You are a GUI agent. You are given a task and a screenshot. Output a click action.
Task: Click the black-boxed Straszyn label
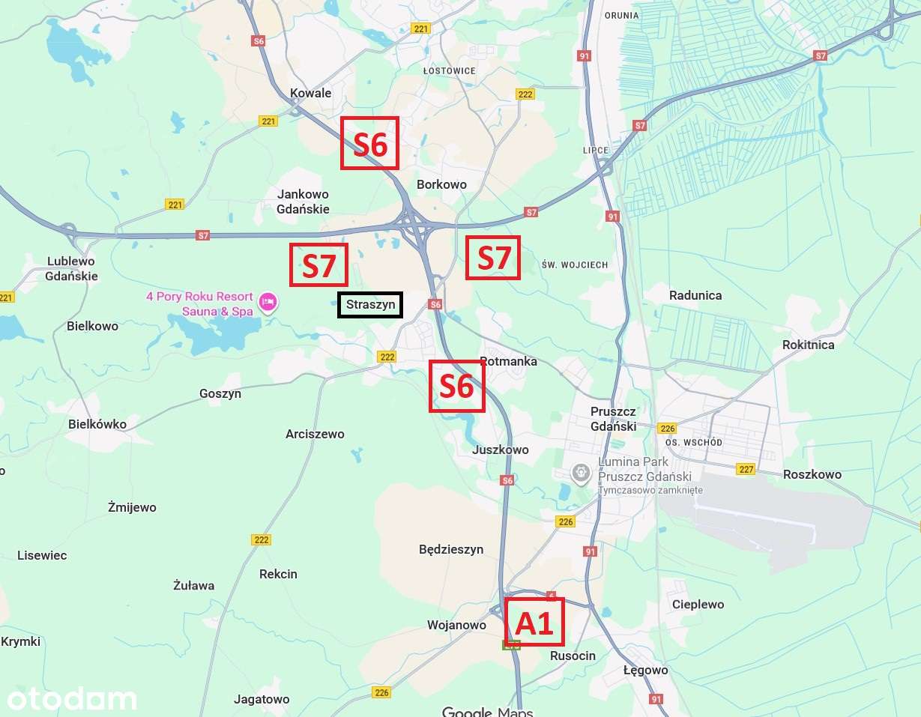coord(370,305)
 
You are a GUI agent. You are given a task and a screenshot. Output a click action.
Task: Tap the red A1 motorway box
coord(535,623)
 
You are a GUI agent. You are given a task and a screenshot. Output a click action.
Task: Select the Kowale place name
coord(310,94)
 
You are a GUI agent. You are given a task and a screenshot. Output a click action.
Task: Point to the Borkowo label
coord(441,184)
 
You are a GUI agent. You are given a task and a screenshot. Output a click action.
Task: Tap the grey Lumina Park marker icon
coord(581,474)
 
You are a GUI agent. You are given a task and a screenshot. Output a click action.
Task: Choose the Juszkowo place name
coord(501,450)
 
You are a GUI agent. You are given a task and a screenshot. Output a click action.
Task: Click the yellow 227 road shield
coord(746,469)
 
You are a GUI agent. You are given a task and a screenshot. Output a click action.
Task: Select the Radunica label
coord(695,295)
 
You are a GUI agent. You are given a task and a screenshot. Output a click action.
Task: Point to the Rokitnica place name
coord(808,345)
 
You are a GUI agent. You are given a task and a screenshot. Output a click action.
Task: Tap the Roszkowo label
coord(812,474)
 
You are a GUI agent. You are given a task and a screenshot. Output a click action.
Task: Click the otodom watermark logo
coord(72,699)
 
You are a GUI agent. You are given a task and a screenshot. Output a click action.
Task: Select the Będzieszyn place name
coord(451,549)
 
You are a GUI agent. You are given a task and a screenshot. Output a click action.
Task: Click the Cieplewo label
coord(698,604)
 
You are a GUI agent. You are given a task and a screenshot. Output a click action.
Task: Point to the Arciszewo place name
coord(315,434)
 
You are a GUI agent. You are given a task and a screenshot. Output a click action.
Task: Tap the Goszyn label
coord(220,393)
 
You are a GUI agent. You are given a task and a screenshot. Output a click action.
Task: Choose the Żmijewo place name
coord(132,507)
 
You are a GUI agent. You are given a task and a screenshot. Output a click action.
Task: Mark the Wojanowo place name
coord(456,625)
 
